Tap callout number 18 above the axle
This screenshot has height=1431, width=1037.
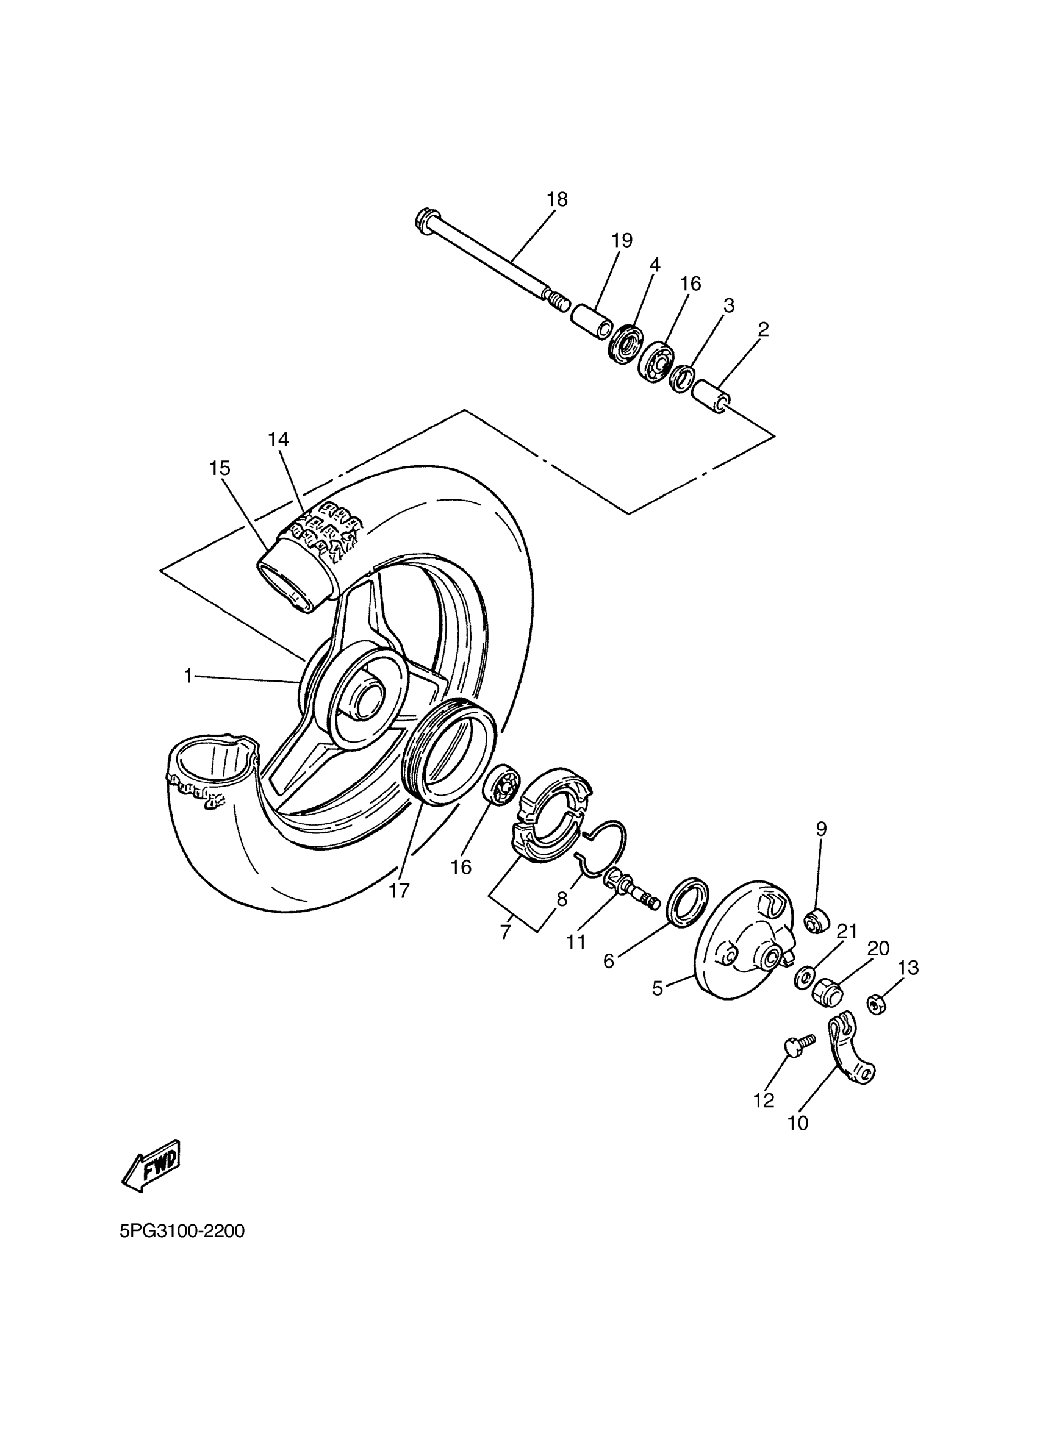click(557, 199)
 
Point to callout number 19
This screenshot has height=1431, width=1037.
click(622, 240)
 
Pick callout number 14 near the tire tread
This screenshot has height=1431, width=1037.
click(278, 439)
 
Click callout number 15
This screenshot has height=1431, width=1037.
click(220, 468)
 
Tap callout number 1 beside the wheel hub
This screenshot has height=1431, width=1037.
click(187, 676)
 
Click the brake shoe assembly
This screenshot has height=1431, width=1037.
click(550, 814)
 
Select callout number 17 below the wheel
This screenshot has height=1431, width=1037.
click(399, 890)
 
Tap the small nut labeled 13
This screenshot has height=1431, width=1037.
click(877, 1003)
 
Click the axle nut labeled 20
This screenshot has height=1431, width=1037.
click(827, 995)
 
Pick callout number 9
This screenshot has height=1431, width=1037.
click(820, 828)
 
